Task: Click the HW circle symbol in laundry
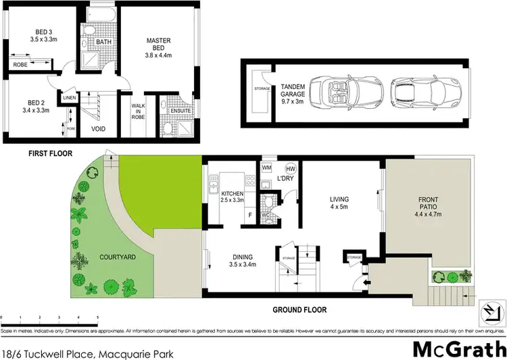click(291, 168)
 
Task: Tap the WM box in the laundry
click(267, 168)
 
